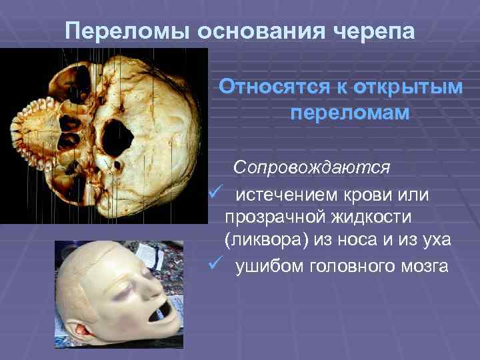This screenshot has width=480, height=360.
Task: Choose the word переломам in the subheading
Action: (x=350, y=113)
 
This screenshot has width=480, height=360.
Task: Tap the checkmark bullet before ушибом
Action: (x=214, y=266)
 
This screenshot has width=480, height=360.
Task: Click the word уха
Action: (x=435, y=241)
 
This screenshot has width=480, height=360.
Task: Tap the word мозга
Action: (x=427, y=267)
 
